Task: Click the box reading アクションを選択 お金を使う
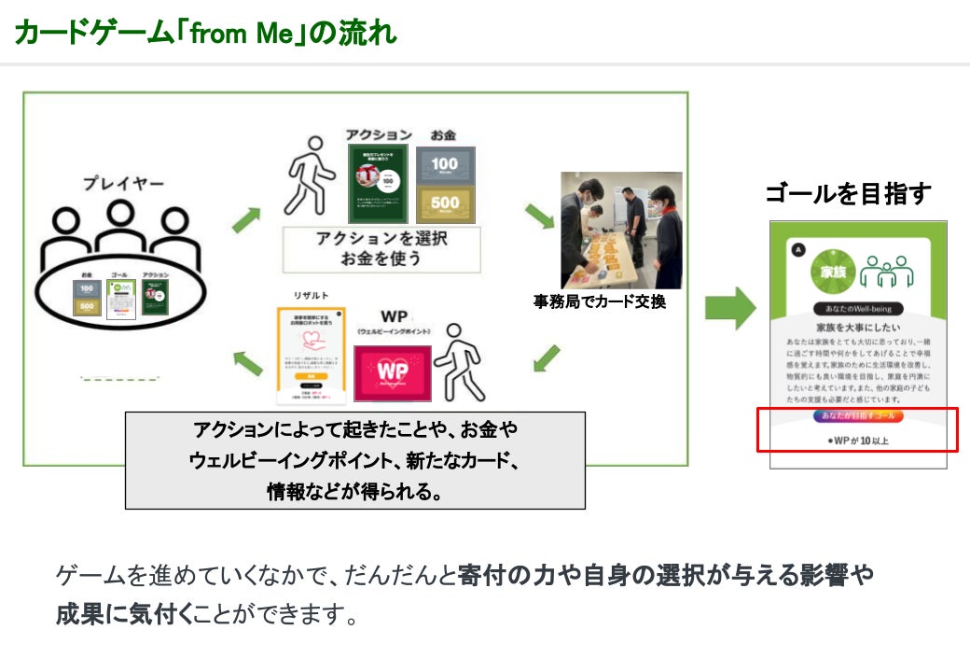click(x=381, y=248)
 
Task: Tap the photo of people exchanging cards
click(x=621, y=229)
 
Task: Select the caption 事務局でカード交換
click(x=600, y=302)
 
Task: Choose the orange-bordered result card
click(x=312, y=356)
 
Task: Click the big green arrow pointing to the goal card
click(x=730, y=307)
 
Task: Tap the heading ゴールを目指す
click(x=848, y=194)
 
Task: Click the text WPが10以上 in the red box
click(x=858, y=439)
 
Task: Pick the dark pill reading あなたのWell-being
click(x=858, y=308)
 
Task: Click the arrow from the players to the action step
click(x=244, y=220)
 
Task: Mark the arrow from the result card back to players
click(x=247, y=362)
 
